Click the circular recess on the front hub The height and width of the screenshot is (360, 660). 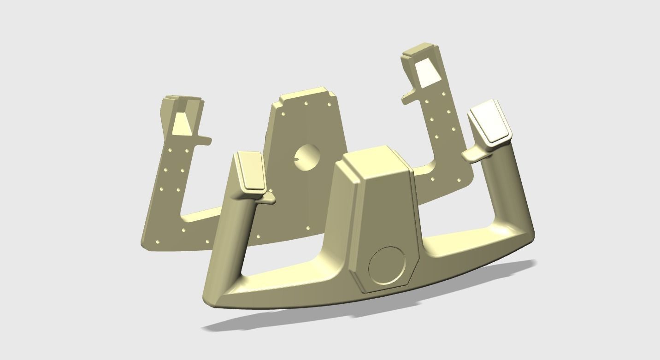click(x=387, y=266)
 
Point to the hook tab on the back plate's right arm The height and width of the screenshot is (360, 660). click(x=408, y=98)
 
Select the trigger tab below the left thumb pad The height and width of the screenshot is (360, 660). click(x=267, y=197)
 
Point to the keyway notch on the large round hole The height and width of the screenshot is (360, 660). click(x=297, y=159)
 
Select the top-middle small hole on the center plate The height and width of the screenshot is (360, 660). click(x=306, y=104)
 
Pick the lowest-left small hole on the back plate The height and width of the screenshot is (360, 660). click(x=158, y=242)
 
